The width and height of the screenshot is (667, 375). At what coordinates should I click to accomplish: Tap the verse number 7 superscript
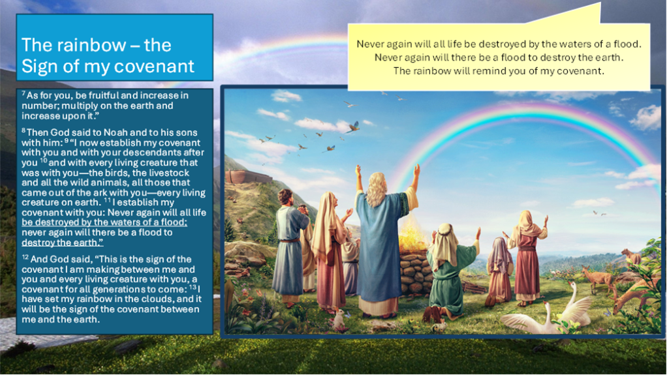[23, 93]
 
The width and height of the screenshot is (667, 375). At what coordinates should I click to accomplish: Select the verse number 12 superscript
[25, 257]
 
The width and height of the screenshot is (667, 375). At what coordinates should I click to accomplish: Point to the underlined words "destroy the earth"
[62, 243]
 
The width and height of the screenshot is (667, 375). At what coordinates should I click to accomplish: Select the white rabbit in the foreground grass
[339, 319]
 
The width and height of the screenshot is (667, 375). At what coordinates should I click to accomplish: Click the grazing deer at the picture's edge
[634, 293]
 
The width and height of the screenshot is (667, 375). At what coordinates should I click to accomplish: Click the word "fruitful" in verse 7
[91, 95]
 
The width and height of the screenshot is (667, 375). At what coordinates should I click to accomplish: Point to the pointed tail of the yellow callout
[600, 3]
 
